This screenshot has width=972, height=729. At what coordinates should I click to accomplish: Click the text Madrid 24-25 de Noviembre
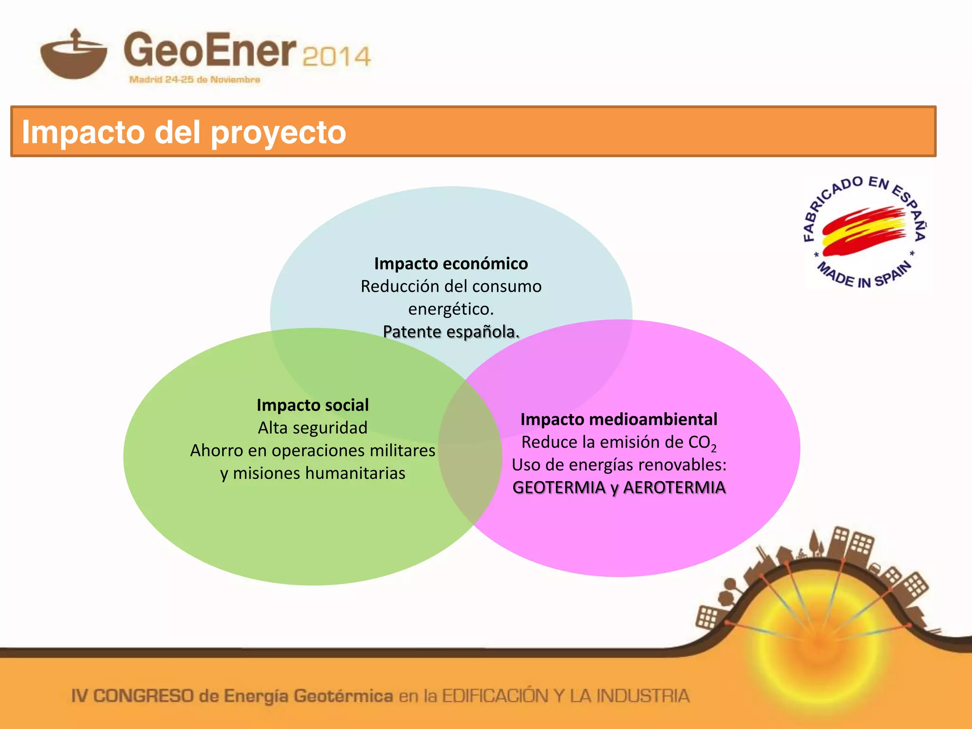(x=195, y=80)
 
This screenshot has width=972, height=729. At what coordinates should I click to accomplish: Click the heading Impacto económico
(x=451, y=263)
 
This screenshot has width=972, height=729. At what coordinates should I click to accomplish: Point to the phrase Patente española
(x=451, y=332)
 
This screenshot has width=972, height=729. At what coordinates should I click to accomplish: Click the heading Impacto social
(x=313, y=405)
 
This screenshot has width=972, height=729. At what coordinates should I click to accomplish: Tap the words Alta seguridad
(x=313, y=428)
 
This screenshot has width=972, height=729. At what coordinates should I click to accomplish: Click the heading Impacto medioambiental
(x=619, y=419)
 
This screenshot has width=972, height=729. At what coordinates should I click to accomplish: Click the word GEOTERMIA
(x=559, y=487)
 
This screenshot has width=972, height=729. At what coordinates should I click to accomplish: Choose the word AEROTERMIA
(x=674, y=487)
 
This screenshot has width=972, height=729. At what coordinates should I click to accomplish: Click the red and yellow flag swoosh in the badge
(x=864, y=230)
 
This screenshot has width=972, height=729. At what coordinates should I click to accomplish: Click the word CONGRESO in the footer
(x=143, y=696)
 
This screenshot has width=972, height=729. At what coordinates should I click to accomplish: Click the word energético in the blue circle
(x=451, y=309)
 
